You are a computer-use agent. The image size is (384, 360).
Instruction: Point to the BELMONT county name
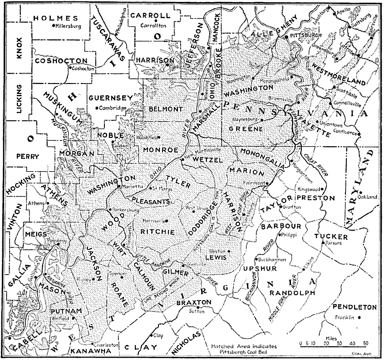click(x=165, y=109)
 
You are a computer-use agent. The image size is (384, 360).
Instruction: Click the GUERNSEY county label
click(x=111, y=98)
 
